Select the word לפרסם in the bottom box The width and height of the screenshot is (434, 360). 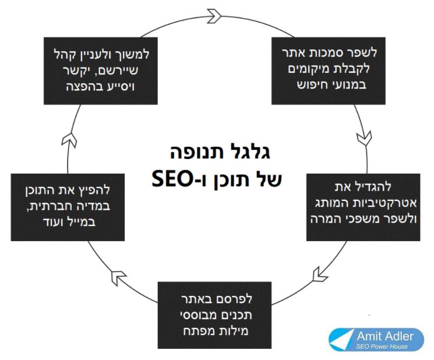coord(255,301)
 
